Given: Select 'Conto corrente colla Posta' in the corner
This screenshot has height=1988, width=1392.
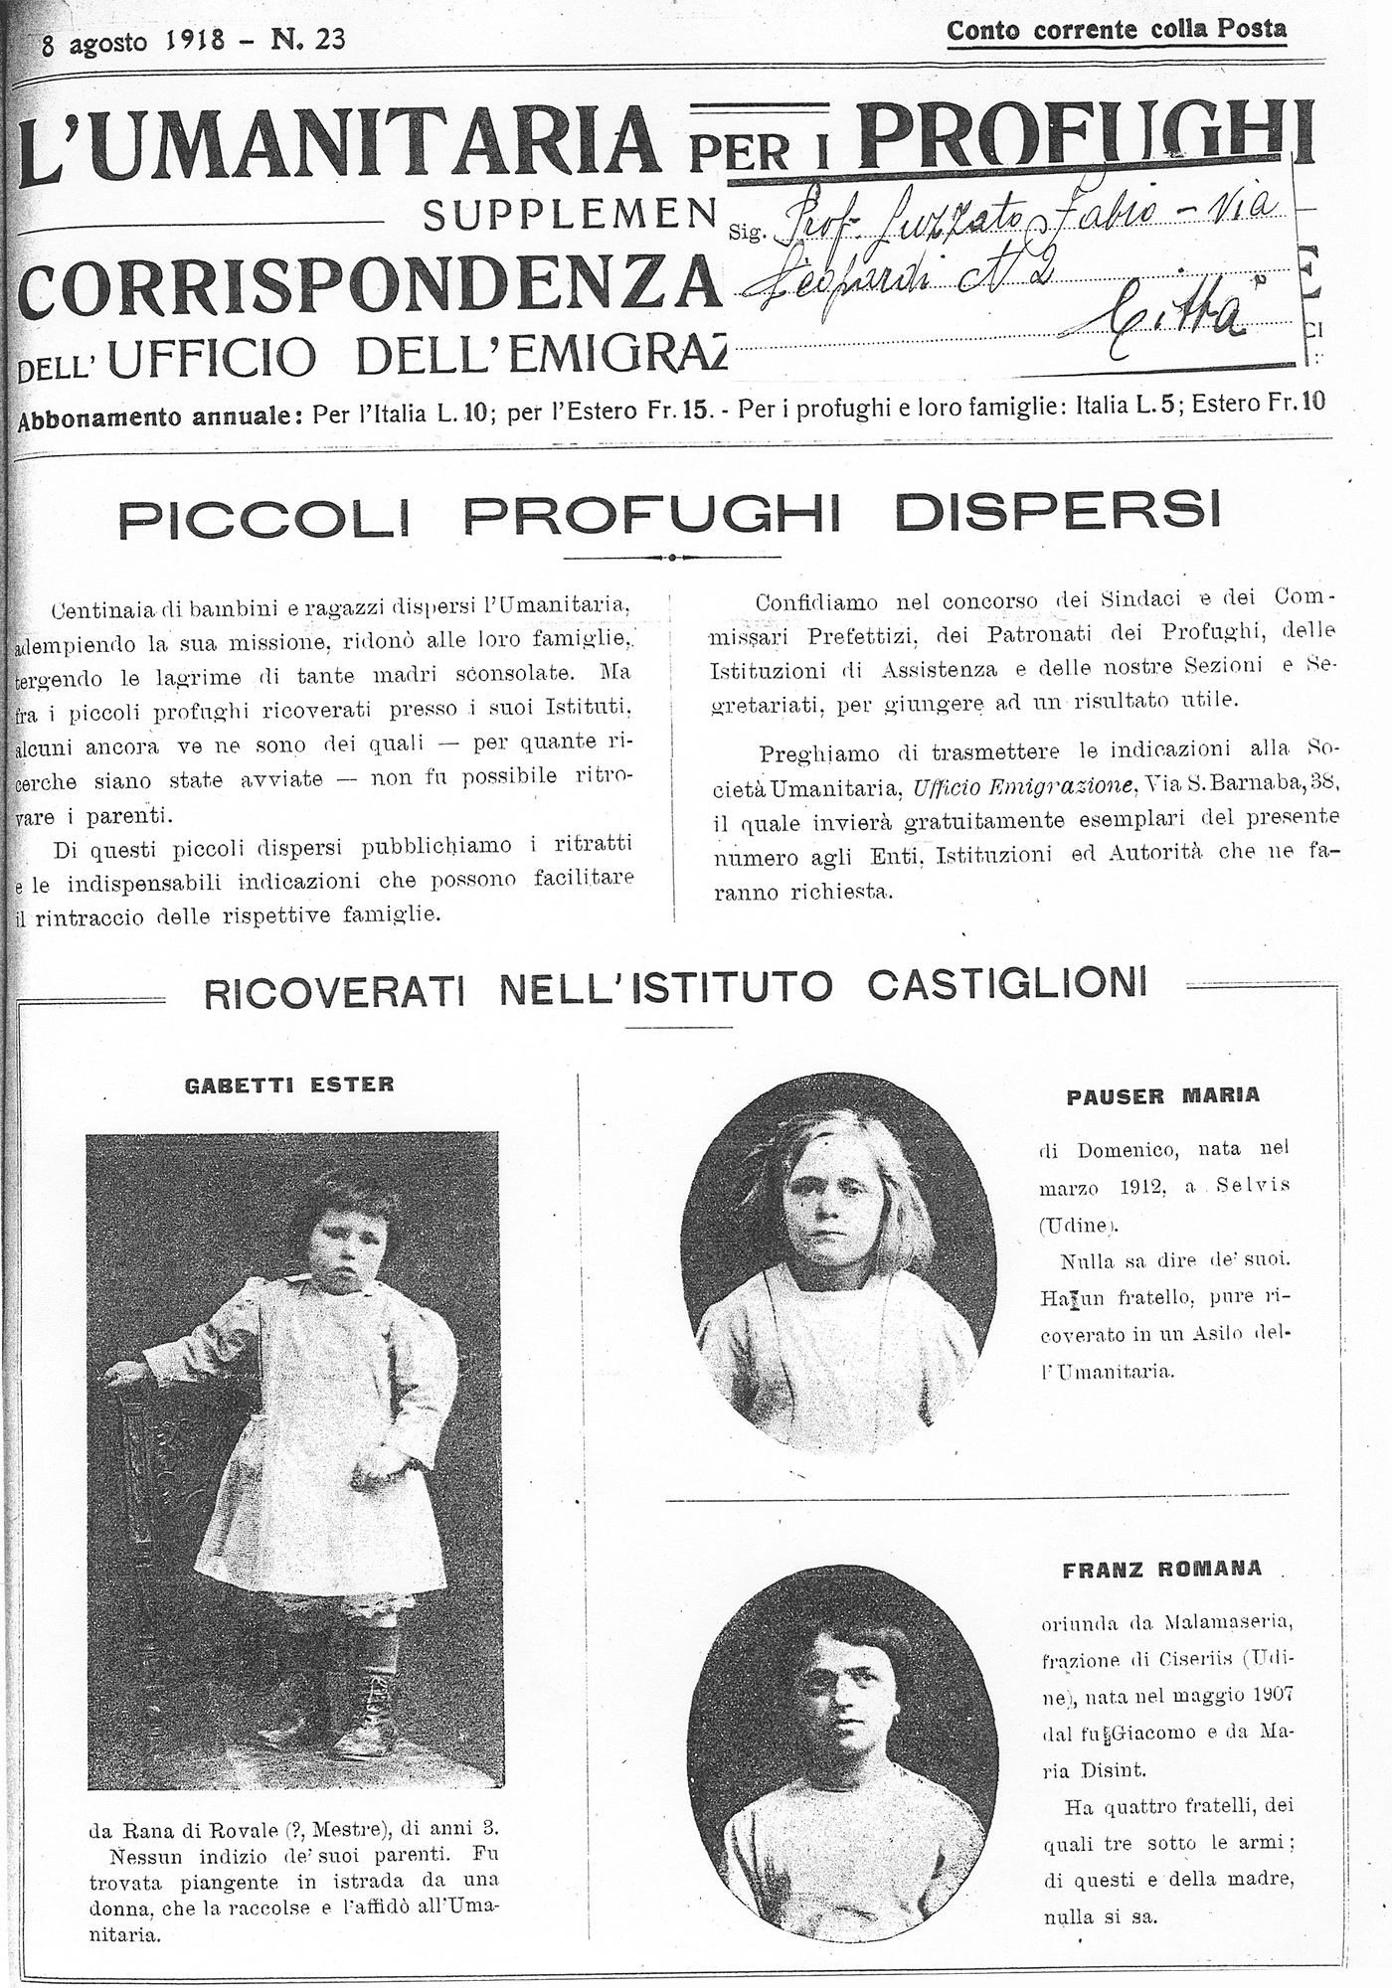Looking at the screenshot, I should click(x=1116, y=30).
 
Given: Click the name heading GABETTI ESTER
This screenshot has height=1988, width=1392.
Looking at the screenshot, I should click(x=289, y=1083).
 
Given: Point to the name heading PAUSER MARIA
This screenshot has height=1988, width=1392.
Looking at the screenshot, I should click(x=1162, y=1095).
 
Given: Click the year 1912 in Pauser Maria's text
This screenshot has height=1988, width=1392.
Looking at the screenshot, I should click(x=1146, y=1186).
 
